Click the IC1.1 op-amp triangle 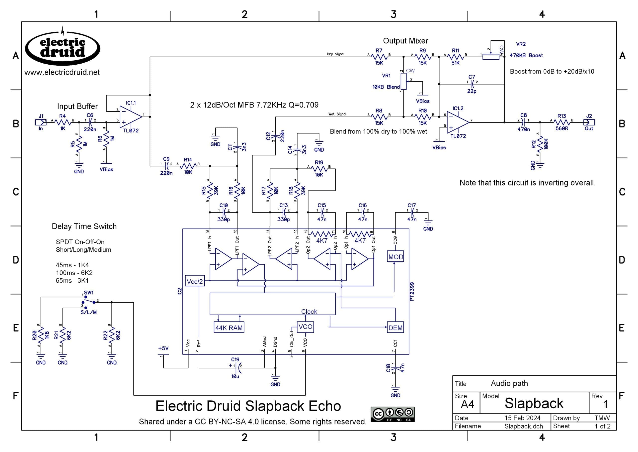[x=130, y=117]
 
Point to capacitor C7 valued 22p [x=472, y=82]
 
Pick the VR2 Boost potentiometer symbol [x=491, y=56]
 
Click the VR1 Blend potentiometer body [x=403, y=82]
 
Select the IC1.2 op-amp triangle [x=458, y=122]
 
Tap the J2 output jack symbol [x=589, y=122]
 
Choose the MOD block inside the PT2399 [x=395, y=257]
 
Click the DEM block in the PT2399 [x=395, y=328]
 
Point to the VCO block [x=305, y=327]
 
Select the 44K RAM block [x=229, y=328]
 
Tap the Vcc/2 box [x=195, y=281]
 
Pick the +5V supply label [x=163, y=348]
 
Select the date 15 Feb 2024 [x=522, y=418]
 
